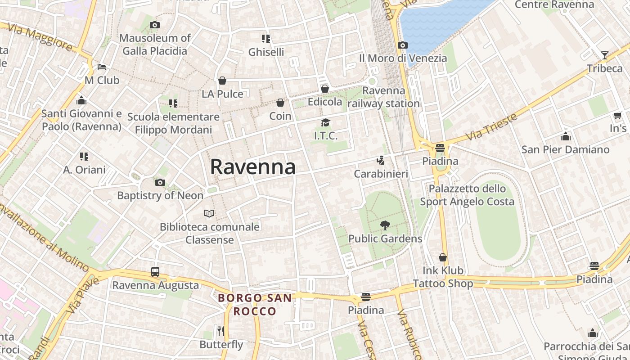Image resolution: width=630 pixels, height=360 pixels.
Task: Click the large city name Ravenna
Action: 253,167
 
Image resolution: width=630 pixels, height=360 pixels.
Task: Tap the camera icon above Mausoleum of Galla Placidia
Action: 155,25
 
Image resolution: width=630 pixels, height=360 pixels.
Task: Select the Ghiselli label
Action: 266,52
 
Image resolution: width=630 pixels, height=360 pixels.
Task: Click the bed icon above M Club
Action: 102,67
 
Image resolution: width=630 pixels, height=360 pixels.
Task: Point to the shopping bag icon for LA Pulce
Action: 222,81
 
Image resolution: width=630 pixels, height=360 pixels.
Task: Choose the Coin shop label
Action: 280,116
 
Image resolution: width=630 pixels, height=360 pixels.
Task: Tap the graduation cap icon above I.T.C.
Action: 325,122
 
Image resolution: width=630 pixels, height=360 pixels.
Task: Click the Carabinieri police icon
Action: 381,161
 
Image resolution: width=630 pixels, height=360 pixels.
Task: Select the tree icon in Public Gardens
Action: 385,225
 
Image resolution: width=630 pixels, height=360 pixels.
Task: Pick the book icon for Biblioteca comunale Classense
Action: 209,213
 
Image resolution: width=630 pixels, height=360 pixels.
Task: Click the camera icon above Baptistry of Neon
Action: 160,182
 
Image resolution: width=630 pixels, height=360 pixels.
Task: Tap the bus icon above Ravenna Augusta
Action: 155,272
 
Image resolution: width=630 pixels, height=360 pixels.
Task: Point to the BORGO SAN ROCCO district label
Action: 255,304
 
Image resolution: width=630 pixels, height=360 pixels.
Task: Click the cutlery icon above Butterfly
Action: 221,331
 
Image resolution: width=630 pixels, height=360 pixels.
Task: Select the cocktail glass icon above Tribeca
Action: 604,55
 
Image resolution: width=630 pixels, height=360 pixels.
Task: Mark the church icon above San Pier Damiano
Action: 565,136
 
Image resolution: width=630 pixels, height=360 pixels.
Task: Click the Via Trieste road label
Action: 492,126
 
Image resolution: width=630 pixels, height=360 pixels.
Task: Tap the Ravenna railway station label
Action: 383,97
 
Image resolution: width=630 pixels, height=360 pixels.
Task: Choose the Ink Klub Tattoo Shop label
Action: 443,277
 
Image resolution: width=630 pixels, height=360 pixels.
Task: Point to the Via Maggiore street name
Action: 40,38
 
